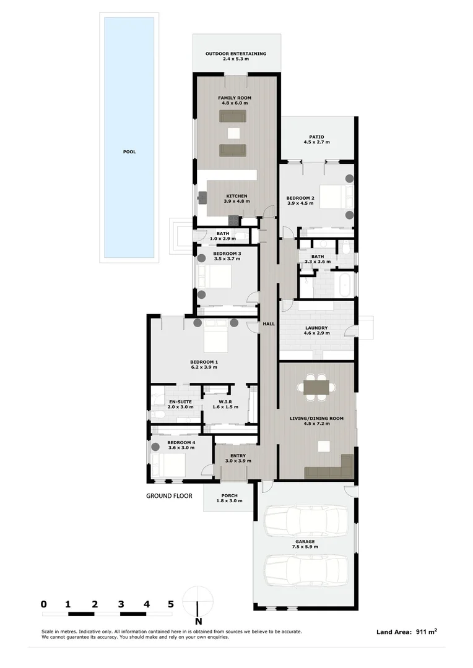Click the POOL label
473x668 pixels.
(x=129, y=152)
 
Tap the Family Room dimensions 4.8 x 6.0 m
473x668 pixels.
(x=235, y=103)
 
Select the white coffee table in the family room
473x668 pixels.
(x=234, y=134)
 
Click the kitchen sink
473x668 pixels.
(x=202, y=197)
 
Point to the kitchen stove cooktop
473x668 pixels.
(x=233, y=220)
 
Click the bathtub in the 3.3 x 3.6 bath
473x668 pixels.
(x=345, y=285)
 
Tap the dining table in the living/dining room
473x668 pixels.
(x=316, y=387)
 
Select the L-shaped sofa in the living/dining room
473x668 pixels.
(x=329, y=468)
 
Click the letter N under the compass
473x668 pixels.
(x=198, y=621)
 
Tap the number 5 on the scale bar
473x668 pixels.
(x=171, y=604)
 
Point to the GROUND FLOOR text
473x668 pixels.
(x=169, y=496)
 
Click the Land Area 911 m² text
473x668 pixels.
(x=407, y=632)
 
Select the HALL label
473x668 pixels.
(x=269, y=323)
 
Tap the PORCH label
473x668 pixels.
(x=230, y=495)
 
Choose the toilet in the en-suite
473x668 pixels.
(x=157, y=414)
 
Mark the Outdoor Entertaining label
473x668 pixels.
(x=236, y=54)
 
